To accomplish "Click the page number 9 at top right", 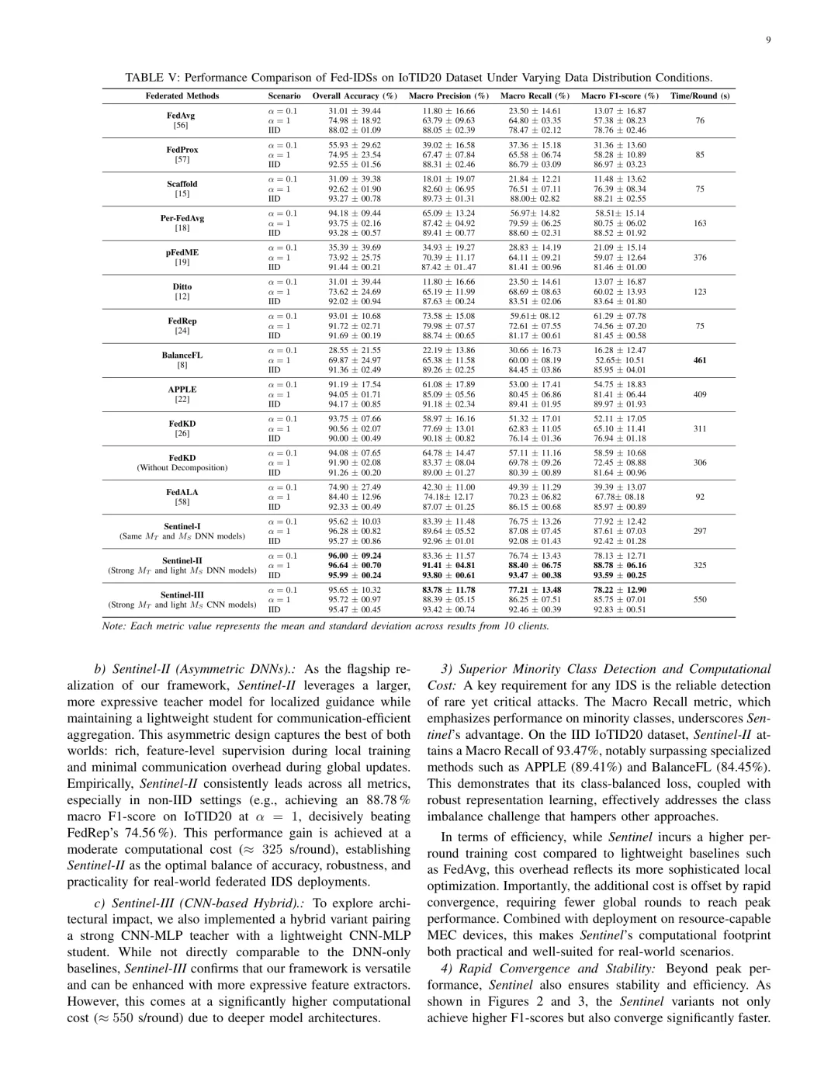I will [767, 40].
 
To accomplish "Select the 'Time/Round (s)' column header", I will [700, 96].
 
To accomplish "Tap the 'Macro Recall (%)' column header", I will [535, 96].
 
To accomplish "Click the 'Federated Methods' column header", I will [182, 96].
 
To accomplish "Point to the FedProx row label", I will [182, 150].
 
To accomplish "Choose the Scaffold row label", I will [182, 184].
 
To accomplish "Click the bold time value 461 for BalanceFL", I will [700, 360].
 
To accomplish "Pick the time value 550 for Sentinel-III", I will [700, 600].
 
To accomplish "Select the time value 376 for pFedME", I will [700, 258].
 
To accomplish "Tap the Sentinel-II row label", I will [182, 560].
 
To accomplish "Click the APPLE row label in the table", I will [182, 390].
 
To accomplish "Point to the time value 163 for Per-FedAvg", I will [700, 224].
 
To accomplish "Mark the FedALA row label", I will [182, 492].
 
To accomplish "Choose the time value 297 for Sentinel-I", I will [700, 532].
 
